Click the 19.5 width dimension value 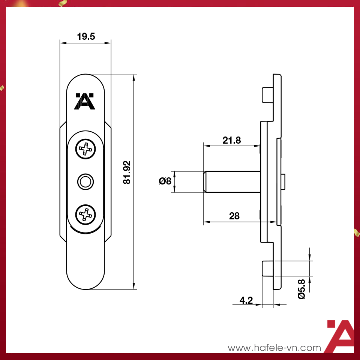pos(86,36)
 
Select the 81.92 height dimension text pos(127,172)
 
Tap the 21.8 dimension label pos(231,141)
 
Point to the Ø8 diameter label pos(165,181)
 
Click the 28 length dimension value pos(234,216)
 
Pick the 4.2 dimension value pos(246,300)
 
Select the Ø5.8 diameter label pos(301,289)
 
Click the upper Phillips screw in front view pos(86,150)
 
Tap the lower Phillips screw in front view pos(86,215)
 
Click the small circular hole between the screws pos(85,182)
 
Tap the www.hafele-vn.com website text pos(274,348)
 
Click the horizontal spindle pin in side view pos(232,182)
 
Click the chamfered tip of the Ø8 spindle pos(205,182)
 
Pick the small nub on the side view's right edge pos(285,182)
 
